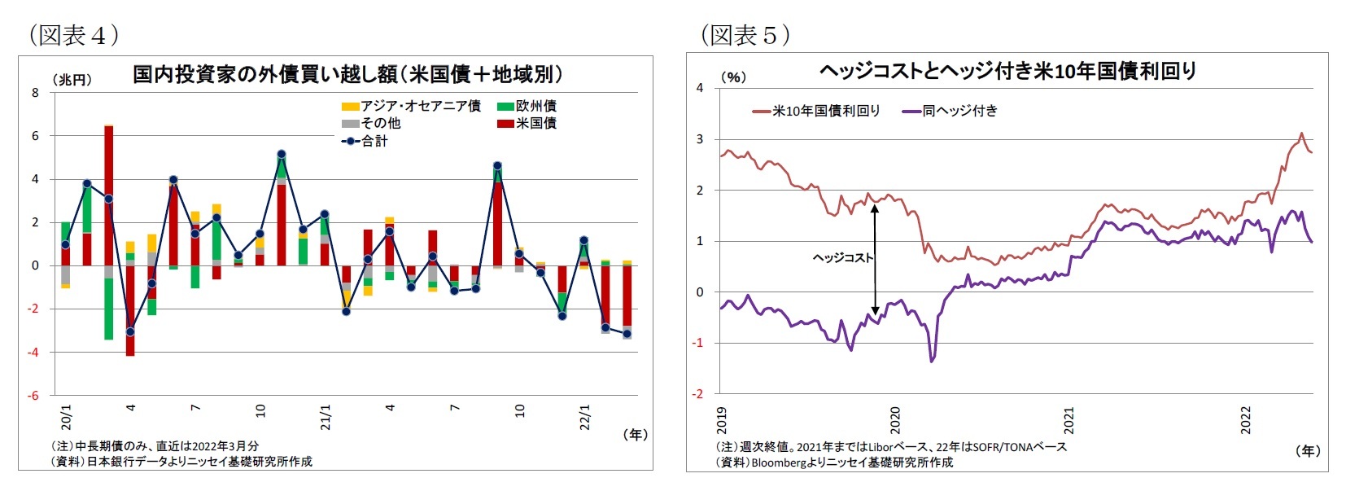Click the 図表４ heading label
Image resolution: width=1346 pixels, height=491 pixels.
coord(74,35)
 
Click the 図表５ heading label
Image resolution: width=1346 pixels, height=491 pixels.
coord(745,35)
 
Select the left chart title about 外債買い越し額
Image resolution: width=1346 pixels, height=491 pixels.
coord(347,75)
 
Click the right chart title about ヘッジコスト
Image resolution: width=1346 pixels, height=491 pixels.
coord(1007,72)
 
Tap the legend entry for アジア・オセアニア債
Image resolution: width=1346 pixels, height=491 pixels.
coord(411,106)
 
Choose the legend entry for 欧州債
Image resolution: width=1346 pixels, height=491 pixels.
coord(527,106)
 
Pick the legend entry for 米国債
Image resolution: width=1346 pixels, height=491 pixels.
coord(527,123)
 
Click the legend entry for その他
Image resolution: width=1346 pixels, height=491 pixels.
coord(371,123)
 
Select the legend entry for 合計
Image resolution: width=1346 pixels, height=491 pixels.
coord(365,141)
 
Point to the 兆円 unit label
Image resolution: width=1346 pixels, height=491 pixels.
coord(72,80)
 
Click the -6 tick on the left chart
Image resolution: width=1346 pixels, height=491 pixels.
coord(33,395)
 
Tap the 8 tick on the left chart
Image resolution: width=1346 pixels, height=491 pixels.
coord(35,93)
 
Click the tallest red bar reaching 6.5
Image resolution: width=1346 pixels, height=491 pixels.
coord(108,195)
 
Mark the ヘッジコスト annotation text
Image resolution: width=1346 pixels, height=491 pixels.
coord(842,257)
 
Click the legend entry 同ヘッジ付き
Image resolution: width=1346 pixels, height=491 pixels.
coord(951,111)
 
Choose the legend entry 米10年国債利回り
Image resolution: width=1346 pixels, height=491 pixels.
coord(817,111)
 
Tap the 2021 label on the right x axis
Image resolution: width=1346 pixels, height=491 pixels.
coord(1069,420)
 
